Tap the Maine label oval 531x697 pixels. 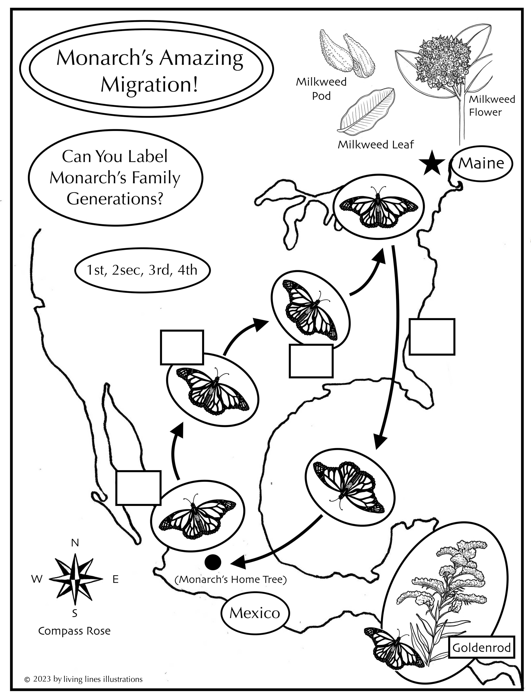481,163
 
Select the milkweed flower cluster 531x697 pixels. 442,63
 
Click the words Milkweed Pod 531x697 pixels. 321,89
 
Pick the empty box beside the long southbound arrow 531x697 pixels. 432,337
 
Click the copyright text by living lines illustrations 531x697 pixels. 84,679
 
